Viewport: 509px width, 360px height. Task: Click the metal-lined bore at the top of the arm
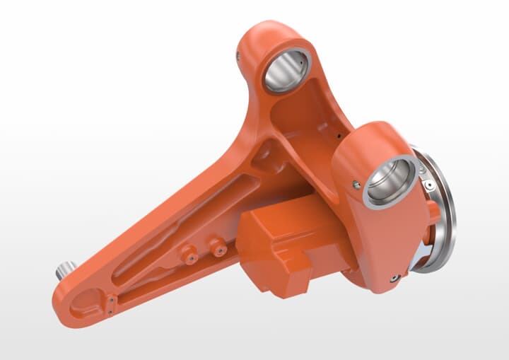[x=286, y=71]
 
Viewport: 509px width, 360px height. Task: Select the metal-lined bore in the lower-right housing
[x=389, y=181]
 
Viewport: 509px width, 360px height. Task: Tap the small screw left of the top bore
[x=239, y=55]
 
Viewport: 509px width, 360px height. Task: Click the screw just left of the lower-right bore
[x=356, y=185]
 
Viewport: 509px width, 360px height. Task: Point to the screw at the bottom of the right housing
[x=394, y=279]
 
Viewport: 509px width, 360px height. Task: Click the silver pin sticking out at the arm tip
[x=65, y=269]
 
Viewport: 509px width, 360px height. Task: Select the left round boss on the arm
[x=189, y=255]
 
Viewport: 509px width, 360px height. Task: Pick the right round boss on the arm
[x=216, y=246]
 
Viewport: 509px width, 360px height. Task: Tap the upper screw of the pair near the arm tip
[x=111, y=300]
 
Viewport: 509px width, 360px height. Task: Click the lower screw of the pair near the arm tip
[x=111, y=308]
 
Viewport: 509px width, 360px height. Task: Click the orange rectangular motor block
[x=283, y=244]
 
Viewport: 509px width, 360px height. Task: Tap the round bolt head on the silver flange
[x=428, y=185]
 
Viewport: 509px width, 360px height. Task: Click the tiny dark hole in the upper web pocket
[x=339, y=135]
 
